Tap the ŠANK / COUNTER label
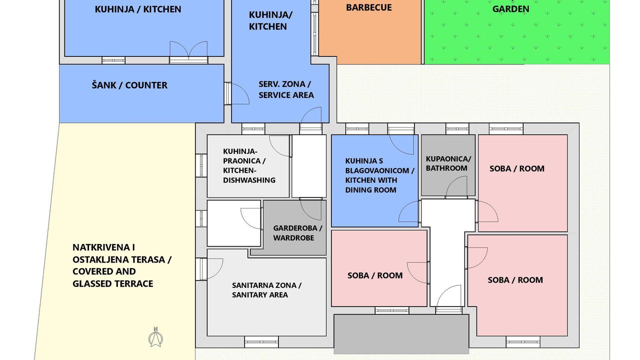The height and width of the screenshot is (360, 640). tap(129, 85)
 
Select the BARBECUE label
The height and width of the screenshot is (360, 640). tap(369, 7)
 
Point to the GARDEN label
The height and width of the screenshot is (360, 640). tap(511, 9)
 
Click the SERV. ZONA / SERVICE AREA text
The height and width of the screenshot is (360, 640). tap(286, 89)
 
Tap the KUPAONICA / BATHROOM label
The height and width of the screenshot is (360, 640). tap(448, 163)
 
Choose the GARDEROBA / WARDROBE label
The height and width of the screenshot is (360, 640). tap(297, 233)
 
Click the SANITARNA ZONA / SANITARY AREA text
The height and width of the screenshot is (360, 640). tap(266, 290)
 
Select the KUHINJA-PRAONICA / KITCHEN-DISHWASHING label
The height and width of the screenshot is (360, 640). tap(249, 165)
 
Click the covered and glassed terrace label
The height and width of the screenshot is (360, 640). tap(121, 265)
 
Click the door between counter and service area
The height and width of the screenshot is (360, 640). tap(237, 93)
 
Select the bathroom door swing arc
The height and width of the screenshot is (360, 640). tap(456, 186)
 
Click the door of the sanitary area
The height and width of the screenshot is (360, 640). tap(211, 269)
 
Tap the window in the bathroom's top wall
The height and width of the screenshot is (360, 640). tap(457, 129)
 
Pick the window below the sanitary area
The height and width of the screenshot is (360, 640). tap(261, 342)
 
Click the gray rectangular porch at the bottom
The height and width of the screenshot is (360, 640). tap(401, 334)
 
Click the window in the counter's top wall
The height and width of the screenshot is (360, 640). tap(113, 60)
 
